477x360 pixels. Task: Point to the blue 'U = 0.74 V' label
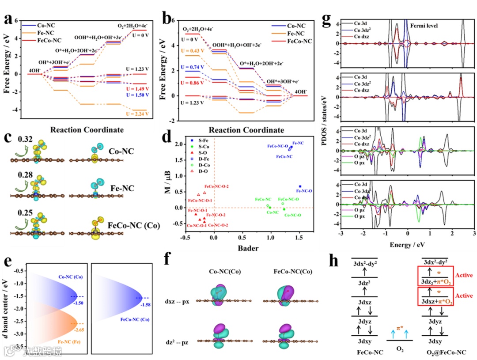193,67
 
